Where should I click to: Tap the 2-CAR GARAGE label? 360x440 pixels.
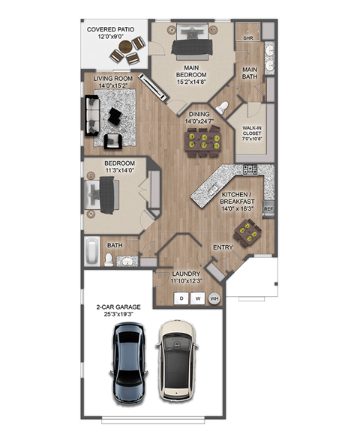117,310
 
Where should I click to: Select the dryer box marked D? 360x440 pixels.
181,298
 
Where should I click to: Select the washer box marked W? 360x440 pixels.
198,298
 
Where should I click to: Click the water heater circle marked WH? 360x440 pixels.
214,298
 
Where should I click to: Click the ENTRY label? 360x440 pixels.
223,247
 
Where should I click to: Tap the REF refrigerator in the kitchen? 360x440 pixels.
268,210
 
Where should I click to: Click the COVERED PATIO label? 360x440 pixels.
111,34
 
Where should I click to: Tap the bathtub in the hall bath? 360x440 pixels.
91,251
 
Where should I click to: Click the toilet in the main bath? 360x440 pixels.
222,106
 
